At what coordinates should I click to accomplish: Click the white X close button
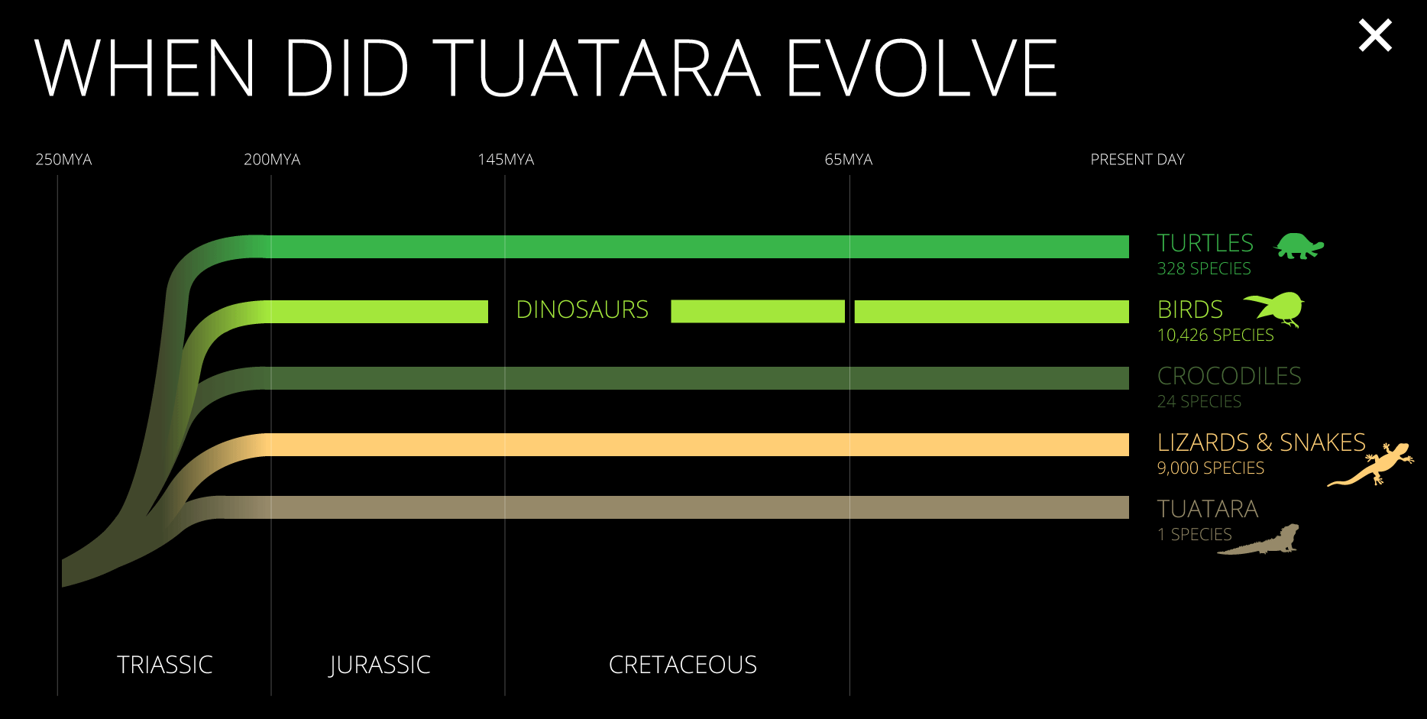[1375, 36]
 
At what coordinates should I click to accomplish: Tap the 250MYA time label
[63, 160]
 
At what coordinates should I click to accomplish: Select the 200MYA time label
[272, 160]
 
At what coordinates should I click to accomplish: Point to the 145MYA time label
[506, 160]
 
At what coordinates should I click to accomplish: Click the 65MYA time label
[849, 160]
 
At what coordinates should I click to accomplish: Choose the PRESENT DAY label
[1137, 160]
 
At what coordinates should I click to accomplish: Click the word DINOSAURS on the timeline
[582, 309]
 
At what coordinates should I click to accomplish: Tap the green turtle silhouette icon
[1299, 246]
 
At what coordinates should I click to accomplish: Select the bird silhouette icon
[1275, 309]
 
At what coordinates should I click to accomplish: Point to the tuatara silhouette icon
[1259, 539]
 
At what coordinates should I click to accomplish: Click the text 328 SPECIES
[1204, 269]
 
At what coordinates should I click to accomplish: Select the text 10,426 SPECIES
[1215, 335]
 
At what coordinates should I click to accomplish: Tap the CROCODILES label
[1229, 376]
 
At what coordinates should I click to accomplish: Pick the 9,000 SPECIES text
[1211, 468]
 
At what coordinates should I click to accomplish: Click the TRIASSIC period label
[165, 665]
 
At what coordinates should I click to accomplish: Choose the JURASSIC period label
[380, 665]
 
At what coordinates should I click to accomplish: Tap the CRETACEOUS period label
[683, 665]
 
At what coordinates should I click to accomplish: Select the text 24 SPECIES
[1199, 402]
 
